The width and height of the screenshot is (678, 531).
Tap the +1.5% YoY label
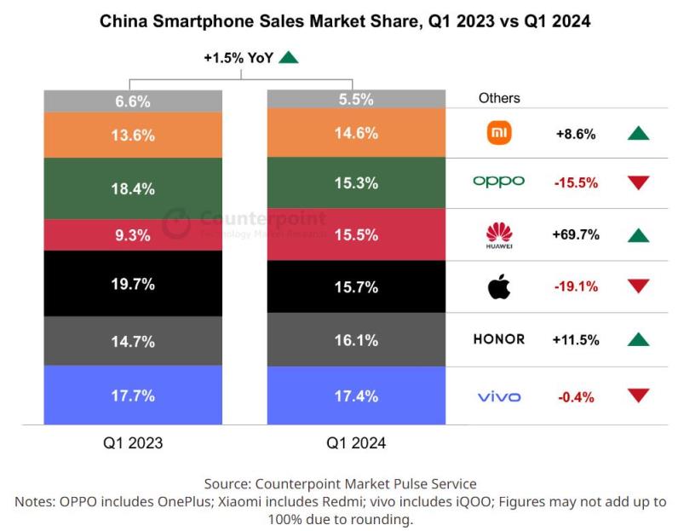[x=239, y=58]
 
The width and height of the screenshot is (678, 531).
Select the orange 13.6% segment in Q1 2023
[x=133, y=135]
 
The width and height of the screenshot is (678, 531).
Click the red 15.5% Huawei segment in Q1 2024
[x=356, y=234]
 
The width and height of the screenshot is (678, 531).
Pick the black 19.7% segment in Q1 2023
[x=133, y=284]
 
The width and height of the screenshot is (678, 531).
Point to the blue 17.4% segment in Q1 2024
[x=356, y=396]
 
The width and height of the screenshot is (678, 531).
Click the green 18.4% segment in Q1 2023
[x=133, y=188]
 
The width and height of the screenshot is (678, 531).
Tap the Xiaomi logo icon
[x=498, y=133]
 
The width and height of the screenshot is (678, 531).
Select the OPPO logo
[x=498, y=182]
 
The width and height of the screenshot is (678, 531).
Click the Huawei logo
[x=498, y=234]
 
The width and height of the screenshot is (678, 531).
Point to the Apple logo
[x=498, y=286]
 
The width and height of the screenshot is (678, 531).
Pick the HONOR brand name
[x=498, y=339]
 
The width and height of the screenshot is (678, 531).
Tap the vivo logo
[x=498, y=396]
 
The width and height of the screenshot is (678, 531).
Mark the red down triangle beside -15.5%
[x=637, y=182]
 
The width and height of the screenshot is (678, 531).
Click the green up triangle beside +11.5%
[x=637, y=339]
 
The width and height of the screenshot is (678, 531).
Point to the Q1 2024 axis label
[x=356, y=443]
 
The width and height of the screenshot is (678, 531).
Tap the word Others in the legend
[x=499, y=98]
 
